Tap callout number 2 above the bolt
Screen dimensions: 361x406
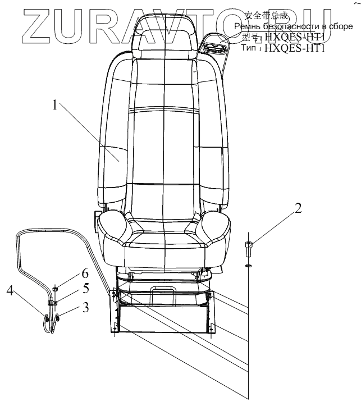[x=298, y=209]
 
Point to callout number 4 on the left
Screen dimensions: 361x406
[x=10, y=290]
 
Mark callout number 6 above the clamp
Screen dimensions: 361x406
[x=85, y=273]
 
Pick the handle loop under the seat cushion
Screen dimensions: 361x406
[x=163, y=288]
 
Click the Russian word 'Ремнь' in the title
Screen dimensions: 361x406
[x=247, y=26]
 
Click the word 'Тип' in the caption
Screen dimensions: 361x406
[x=249, y=48]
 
